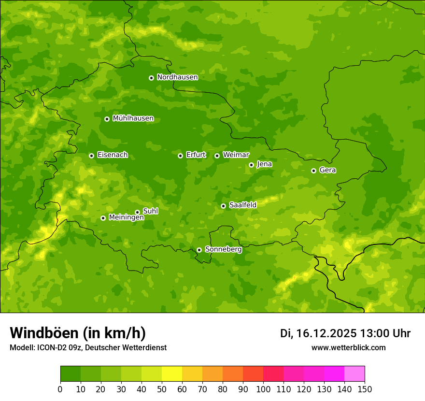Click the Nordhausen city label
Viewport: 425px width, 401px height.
pyautogui.click(x=177, y=77)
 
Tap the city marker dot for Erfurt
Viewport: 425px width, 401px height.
pyautogui.click(x=180, y=156)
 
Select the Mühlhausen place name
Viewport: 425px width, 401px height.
pyautogui.click(x=133, y=118)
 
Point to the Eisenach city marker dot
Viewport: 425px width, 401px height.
pyautogui.click(x=91, y=156)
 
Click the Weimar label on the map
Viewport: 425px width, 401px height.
pyautogui.click(x=236, y=155)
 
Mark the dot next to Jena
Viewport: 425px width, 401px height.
pyautogui.click(x=251, y=165)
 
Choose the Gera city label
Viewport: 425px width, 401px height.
pyautogui.click(x=327, y=170)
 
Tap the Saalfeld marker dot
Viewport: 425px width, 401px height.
pyautogui.click(x=223, y=206)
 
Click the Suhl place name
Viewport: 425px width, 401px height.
pyautogui.click(x=150, y=211)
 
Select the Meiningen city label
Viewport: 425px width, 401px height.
pyautogui.click(x=126, y=218)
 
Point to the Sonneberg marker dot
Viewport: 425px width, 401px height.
pyautogui.click(x=199, y=250)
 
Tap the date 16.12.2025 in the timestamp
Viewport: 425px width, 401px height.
pyautogui.click(x=326, y=333)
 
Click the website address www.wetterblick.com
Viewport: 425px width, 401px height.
pyautogui.click(x=348, y=347)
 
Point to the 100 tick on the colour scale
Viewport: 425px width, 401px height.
pyautogui.click(x=263, y=389)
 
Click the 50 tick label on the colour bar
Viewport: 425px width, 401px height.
pyautogui.click(x=162, y=389)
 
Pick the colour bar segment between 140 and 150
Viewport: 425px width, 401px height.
pyautogui.click(x=354, y=373)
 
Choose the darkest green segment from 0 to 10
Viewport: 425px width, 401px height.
pyautogui.click(x=71, y=373)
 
